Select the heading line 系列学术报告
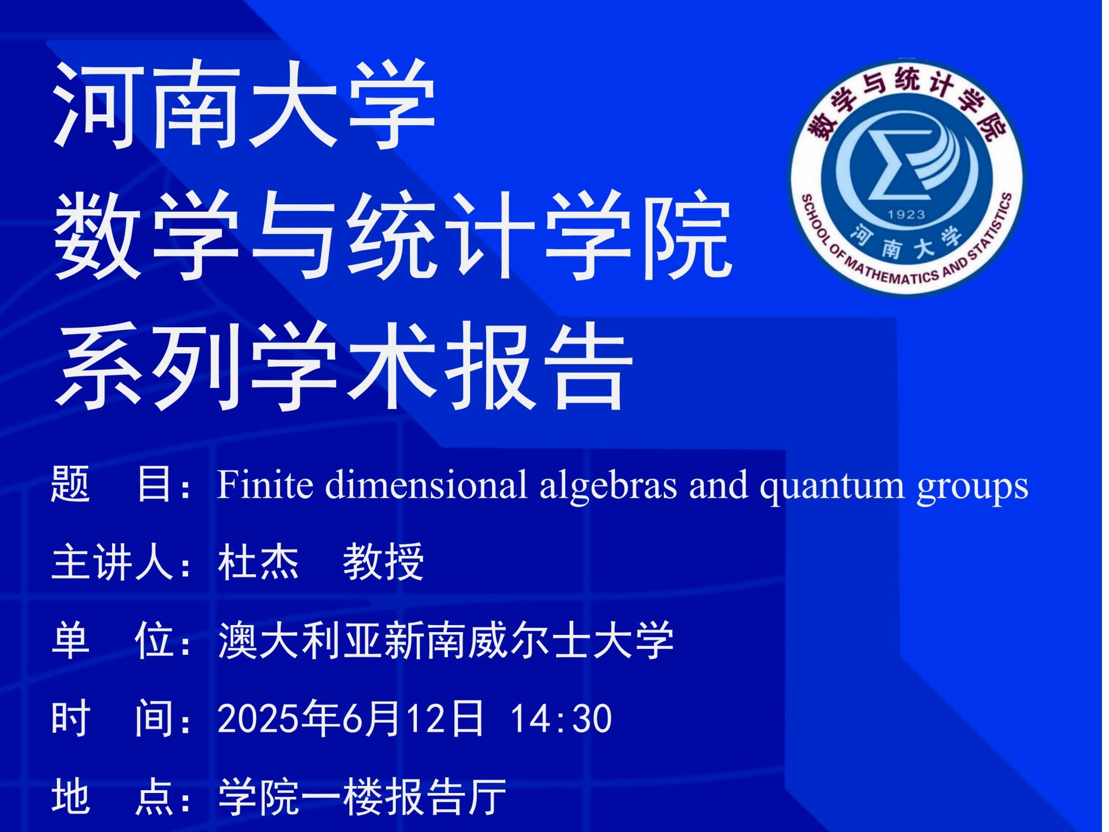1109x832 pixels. click(344, 365)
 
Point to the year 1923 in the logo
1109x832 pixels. click(906, 215)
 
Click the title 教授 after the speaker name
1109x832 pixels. click(383, 562)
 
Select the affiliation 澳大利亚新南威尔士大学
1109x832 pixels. click(446, 641)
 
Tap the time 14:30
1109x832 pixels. click(561, 719)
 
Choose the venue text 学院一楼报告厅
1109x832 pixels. click(362, 797)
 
